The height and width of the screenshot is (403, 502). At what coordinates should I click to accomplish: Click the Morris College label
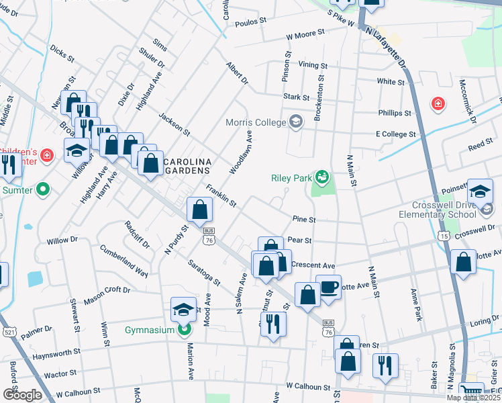(x=255, y=122)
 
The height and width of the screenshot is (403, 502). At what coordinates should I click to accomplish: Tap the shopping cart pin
(x=471, y=391)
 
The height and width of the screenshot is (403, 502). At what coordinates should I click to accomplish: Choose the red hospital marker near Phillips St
(x=438, y=103)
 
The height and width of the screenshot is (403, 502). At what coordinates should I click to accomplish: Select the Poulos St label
(x=250, y=23)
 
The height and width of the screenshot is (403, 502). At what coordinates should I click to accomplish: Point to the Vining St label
(x=313, y=66)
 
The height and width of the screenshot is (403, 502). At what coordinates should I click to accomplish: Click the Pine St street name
(x=303, y=219)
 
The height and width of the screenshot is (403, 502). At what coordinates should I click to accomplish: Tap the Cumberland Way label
(x=124, y=261)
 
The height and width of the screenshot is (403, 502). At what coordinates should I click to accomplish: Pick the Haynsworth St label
(x=58, y=351)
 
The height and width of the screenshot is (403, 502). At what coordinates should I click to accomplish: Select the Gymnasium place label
(x=148, y=330)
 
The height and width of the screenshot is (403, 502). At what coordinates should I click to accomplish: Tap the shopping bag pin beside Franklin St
(x=200, y=210)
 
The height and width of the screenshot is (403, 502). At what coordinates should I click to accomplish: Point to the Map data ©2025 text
(x=474, y=398)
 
